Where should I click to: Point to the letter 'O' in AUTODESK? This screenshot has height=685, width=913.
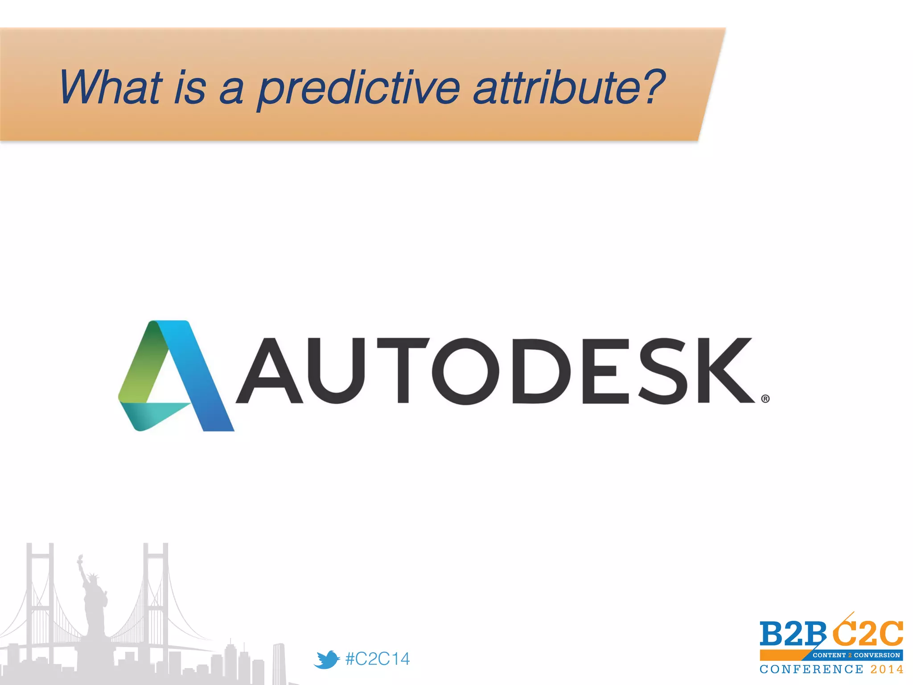point(465,371)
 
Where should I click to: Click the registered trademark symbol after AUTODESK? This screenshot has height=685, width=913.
point(765,399)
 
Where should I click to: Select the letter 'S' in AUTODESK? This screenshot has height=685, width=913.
point(664,371)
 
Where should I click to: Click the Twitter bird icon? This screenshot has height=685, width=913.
point(327,659)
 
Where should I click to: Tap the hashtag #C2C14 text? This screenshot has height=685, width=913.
point(377,659)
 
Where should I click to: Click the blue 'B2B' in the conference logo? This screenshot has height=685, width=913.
point(792,633)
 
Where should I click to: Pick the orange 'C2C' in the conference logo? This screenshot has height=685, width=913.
point(868,633)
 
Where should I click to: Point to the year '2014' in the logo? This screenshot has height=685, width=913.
point(887,669)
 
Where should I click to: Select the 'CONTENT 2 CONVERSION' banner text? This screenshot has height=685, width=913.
point(856,655)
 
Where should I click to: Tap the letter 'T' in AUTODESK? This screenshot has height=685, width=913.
point(403,371)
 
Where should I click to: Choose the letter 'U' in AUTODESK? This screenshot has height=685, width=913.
point(337,371)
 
